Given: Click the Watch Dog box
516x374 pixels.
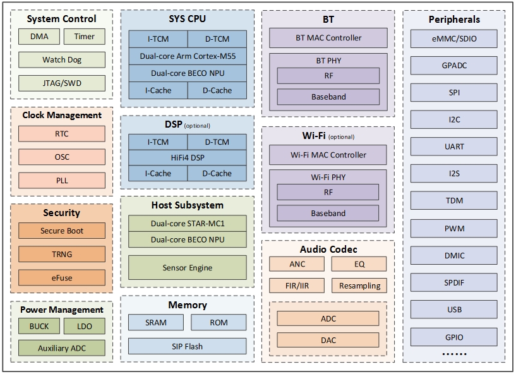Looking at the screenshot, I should click(61, 60).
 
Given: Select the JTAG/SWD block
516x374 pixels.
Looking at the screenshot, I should click(61, 83).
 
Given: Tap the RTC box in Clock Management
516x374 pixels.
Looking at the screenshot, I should click(61, 134).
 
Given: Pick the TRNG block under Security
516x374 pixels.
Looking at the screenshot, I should click(61, 254).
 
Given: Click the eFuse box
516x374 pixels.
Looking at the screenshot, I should click(61, 277).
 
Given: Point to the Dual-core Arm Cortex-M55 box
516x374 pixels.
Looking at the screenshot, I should click(188, 56).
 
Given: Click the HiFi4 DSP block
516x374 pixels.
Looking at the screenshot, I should click(188, 157).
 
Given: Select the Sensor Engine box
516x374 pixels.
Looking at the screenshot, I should click(188, 268).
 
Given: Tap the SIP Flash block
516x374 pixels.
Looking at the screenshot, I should click(188, 346).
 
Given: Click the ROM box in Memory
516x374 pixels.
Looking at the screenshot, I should click(219, 322).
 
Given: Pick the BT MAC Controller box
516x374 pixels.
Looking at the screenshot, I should click(328, 38).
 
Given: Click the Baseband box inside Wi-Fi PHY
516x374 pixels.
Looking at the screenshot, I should click(328, 214).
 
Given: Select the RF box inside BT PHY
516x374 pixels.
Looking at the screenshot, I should click(328, 76).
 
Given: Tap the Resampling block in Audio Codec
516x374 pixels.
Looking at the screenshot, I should click(359, 286).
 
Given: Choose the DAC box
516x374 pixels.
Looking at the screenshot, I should click(328, 340).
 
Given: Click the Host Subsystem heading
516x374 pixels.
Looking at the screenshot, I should click(188, 205).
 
